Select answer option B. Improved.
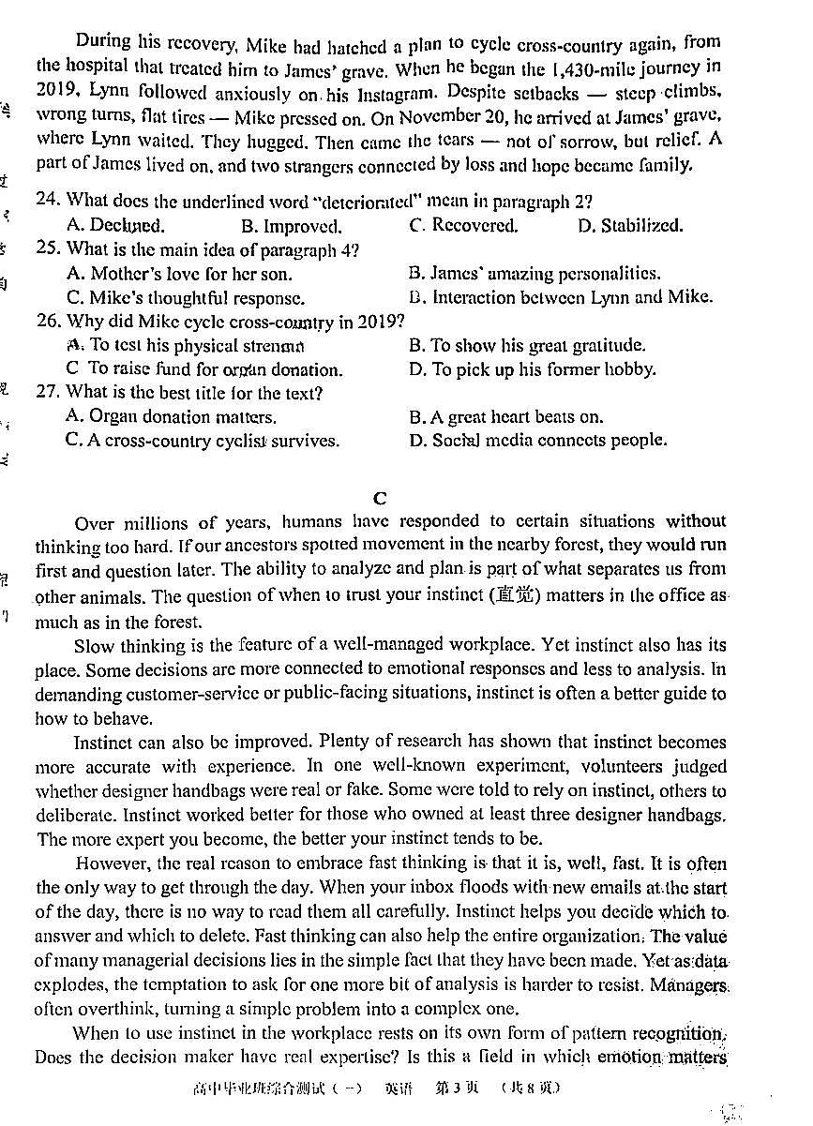pyautogui.click(x=291, y=226)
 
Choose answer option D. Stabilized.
pyautogui.click(x=630, y=225)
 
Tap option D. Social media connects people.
pyautogui.click(x=537, y=440)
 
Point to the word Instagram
pyautogui.click(x=368, y=92)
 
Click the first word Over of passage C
pyautogui.click(x=94, y=522)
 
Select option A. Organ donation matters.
pyautogui.click(x=171, y=417)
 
